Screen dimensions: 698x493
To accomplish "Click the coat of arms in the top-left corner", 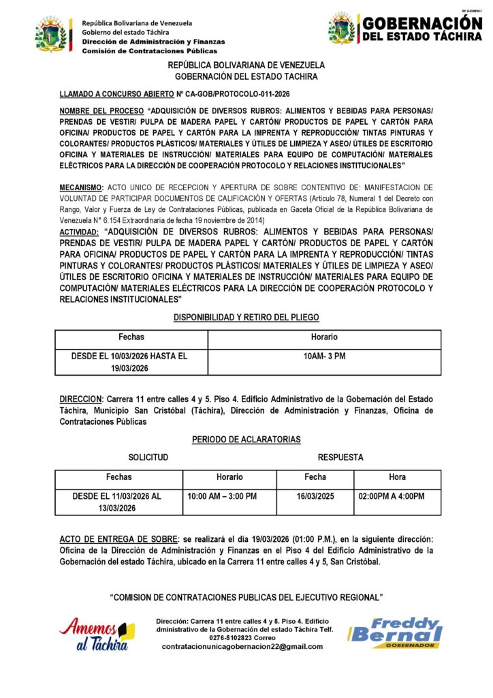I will (x=52, y=35).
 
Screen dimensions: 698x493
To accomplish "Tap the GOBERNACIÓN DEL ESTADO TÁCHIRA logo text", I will (x=422, y=29).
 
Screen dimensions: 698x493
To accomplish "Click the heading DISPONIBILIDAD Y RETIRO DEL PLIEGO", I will (x=246, y=318).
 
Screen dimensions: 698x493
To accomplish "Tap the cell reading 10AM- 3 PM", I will (x=324, y=356).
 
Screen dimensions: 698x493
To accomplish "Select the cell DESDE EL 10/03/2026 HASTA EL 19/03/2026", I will (x=129, y=362).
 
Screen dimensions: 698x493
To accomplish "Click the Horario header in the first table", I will (x=324, y=337).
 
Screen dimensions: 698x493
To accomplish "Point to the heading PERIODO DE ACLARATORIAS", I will (x=246, y=440).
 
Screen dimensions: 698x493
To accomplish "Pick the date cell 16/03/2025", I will (x=315, y=496).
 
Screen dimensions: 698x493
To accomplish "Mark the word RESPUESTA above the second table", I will (x=340, y=457).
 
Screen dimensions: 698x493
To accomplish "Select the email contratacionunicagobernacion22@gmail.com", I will (x=242, y=647).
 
